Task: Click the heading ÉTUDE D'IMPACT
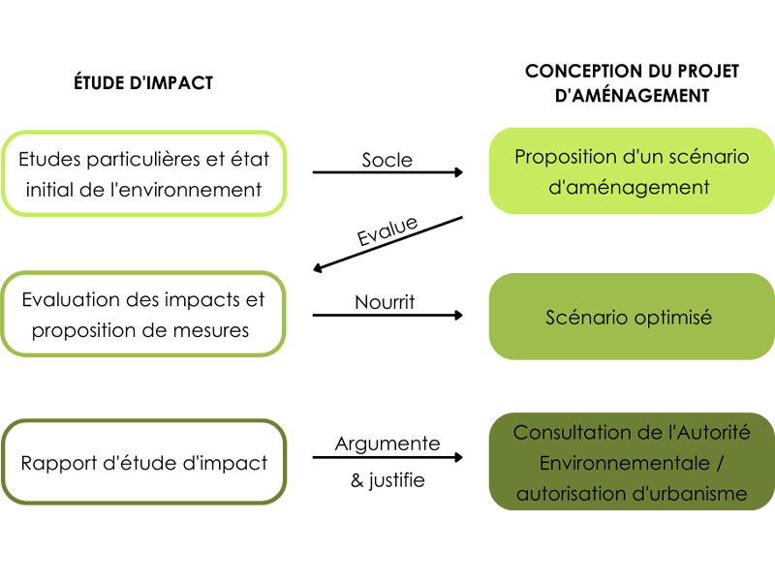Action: point(143,82)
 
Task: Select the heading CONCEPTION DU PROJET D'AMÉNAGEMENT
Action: point(632,83)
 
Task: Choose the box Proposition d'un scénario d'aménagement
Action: point(632,171)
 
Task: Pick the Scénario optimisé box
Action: point(632,317)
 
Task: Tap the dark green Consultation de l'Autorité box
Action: point(632,462)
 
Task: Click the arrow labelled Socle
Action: point(387,172)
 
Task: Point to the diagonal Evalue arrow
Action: point(388,244)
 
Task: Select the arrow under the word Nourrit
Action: point(387,316)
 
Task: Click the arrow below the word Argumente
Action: point(387,457)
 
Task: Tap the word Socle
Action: point(387,160)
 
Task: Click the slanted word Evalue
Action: point(387,230)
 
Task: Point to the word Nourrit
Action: point(385,302)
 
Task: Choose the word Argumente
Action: point(387,443)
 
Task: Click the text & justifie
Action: point(387,479)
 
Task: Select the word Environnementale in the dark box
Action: point(625,463)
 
